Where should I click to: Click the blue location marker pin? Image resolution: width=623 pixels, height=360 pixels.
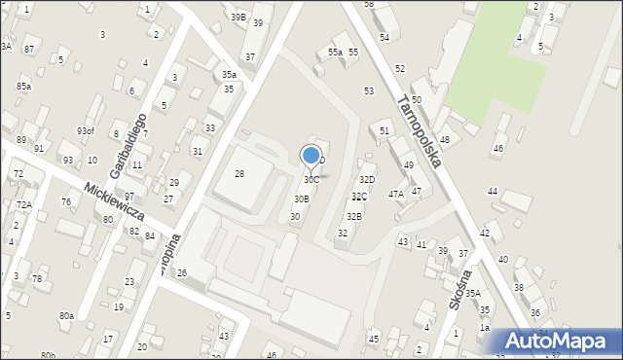pos(311,156)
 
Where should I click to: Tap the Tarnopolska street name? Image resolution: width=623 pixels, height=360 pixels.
pos(420,130)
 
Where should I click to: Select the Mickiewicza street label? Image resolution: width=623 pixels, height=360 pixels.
pos(114,201)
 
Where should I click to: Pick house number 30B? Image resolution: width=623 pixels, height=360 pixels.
pos(302,198)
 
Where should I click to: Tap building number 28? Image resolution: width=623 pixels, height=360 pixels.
pos(239,173)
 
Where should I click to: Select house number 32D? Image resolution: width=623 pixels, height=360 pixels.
pos(367,180)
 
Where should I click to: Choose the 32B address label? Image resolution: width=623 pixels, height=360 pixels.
pos(354,216)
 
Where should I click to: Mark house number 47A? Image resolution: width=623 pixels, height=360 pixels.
pos(396,195)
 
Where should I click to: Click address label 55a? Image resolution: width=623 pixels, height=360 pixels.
pos(335,53)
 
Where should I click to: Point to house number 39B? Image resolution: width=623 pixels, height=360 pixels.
pos(238,18)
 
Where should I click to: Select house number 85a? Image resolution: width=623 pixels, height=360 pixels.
pos(23,87)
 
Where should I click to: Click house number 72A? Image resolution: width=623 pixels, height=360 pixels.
pos(23,205)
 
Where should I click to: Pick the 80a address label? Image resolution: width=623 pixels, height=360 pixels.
pos(66,316)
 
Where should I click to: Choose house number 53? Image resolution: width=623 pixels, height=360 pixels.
pos(369,90)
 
